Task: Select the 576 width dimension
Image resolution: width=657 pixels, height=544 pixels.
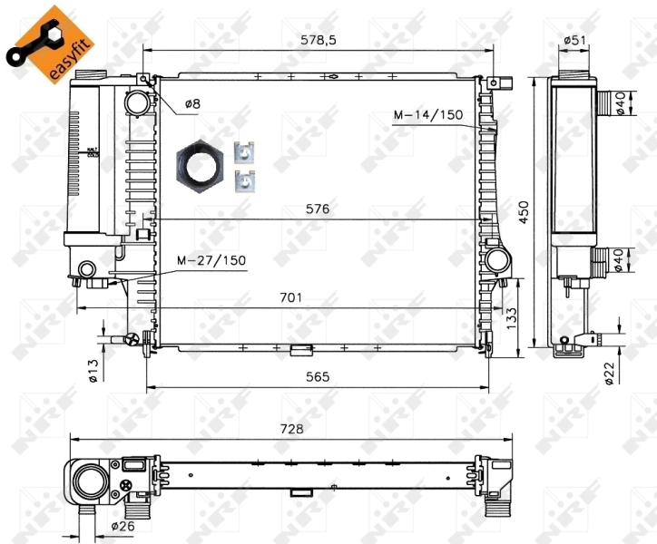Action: point(318,209)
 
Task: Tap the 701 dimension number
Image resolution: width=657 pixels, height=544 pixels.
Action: point(290,296)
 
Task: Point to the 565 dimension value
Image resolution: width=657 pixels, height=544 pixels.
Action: point(317,376)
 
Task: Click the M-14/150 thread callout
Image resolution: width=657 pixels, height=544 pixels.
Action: point(427,114)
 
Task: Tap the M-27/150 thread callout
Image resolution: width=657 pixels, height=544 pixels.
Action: point(211,260)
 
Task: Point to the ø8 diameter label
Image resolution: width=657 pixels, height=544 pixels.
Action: point(191,104)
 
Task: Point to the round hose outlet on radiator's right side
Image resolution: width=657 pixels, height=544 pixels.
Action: point(496,261)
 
